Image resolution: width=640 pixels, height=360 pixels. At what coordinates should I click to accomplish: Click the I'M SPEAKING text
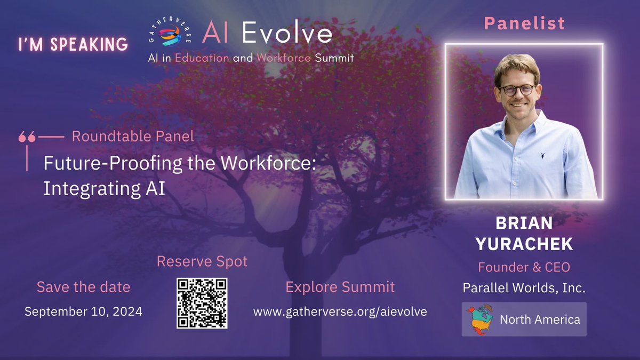click(74, 44)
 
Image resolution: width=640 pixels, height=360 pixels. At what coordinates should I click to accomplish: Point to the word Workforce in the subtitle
click(283, 58)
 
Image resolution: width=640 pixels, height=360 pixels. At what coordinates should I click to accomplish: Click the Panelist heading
click(524, 23)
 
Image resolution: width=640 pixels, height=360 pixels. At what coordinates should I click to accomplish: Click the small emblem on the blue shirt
click(542, 155)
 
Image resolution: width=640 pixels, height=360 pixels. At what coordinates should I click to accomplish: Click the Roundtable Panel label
click(132, 136)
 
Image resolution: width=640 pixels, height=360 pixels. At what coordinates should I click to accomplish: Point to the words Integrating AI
click(105, 189)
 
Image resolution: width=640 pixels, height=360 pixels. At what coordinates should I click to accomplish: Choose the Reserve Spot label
click(202, 261)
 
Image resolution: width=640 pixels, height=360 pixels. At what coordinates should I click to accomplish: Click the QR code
click(202, 302)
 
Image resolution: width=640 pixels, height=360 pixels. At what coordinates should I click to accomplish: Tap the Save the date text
click(83, 287)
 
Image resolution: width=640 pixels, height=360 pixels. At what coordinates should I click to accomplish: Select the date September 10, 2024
click(83, 311)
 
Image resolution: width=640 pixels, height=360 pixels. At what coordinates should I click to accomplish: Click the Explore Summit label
click(340, 287)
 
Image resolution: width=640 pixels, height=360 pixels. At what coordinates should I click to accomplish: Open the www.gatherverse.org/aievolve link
click(340, 311)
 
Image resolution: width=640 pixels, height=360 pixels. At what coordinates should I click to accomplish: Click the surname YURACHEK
click(524, 244)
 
